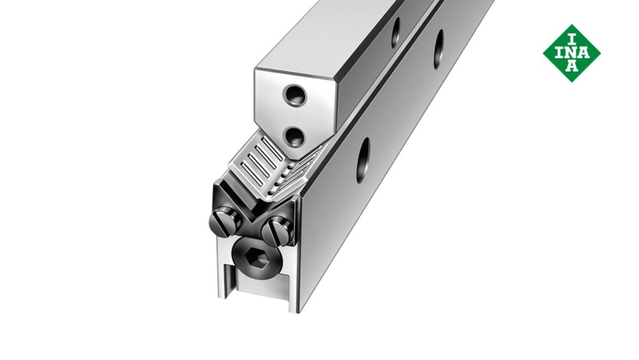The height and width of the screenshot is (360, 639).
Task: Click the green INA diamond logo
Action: tap(571, 53)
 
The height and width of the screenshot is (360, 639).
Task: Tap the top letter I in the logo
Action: tap(571, 36)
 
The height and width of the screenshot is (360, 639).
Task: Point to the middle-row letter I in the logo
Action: tap(557, 52)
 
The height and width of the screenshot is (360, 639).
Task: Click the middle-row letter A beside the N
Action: tap(586, 52)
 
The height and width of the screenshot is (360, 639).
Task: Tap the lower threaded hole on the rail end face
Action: tap(295, 135)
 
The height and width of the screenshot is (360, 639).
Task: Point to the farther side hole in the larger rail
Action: tap(439, 49)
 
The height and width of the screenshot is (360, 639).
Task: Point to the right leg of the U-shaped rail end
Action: tap(294, 281)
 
